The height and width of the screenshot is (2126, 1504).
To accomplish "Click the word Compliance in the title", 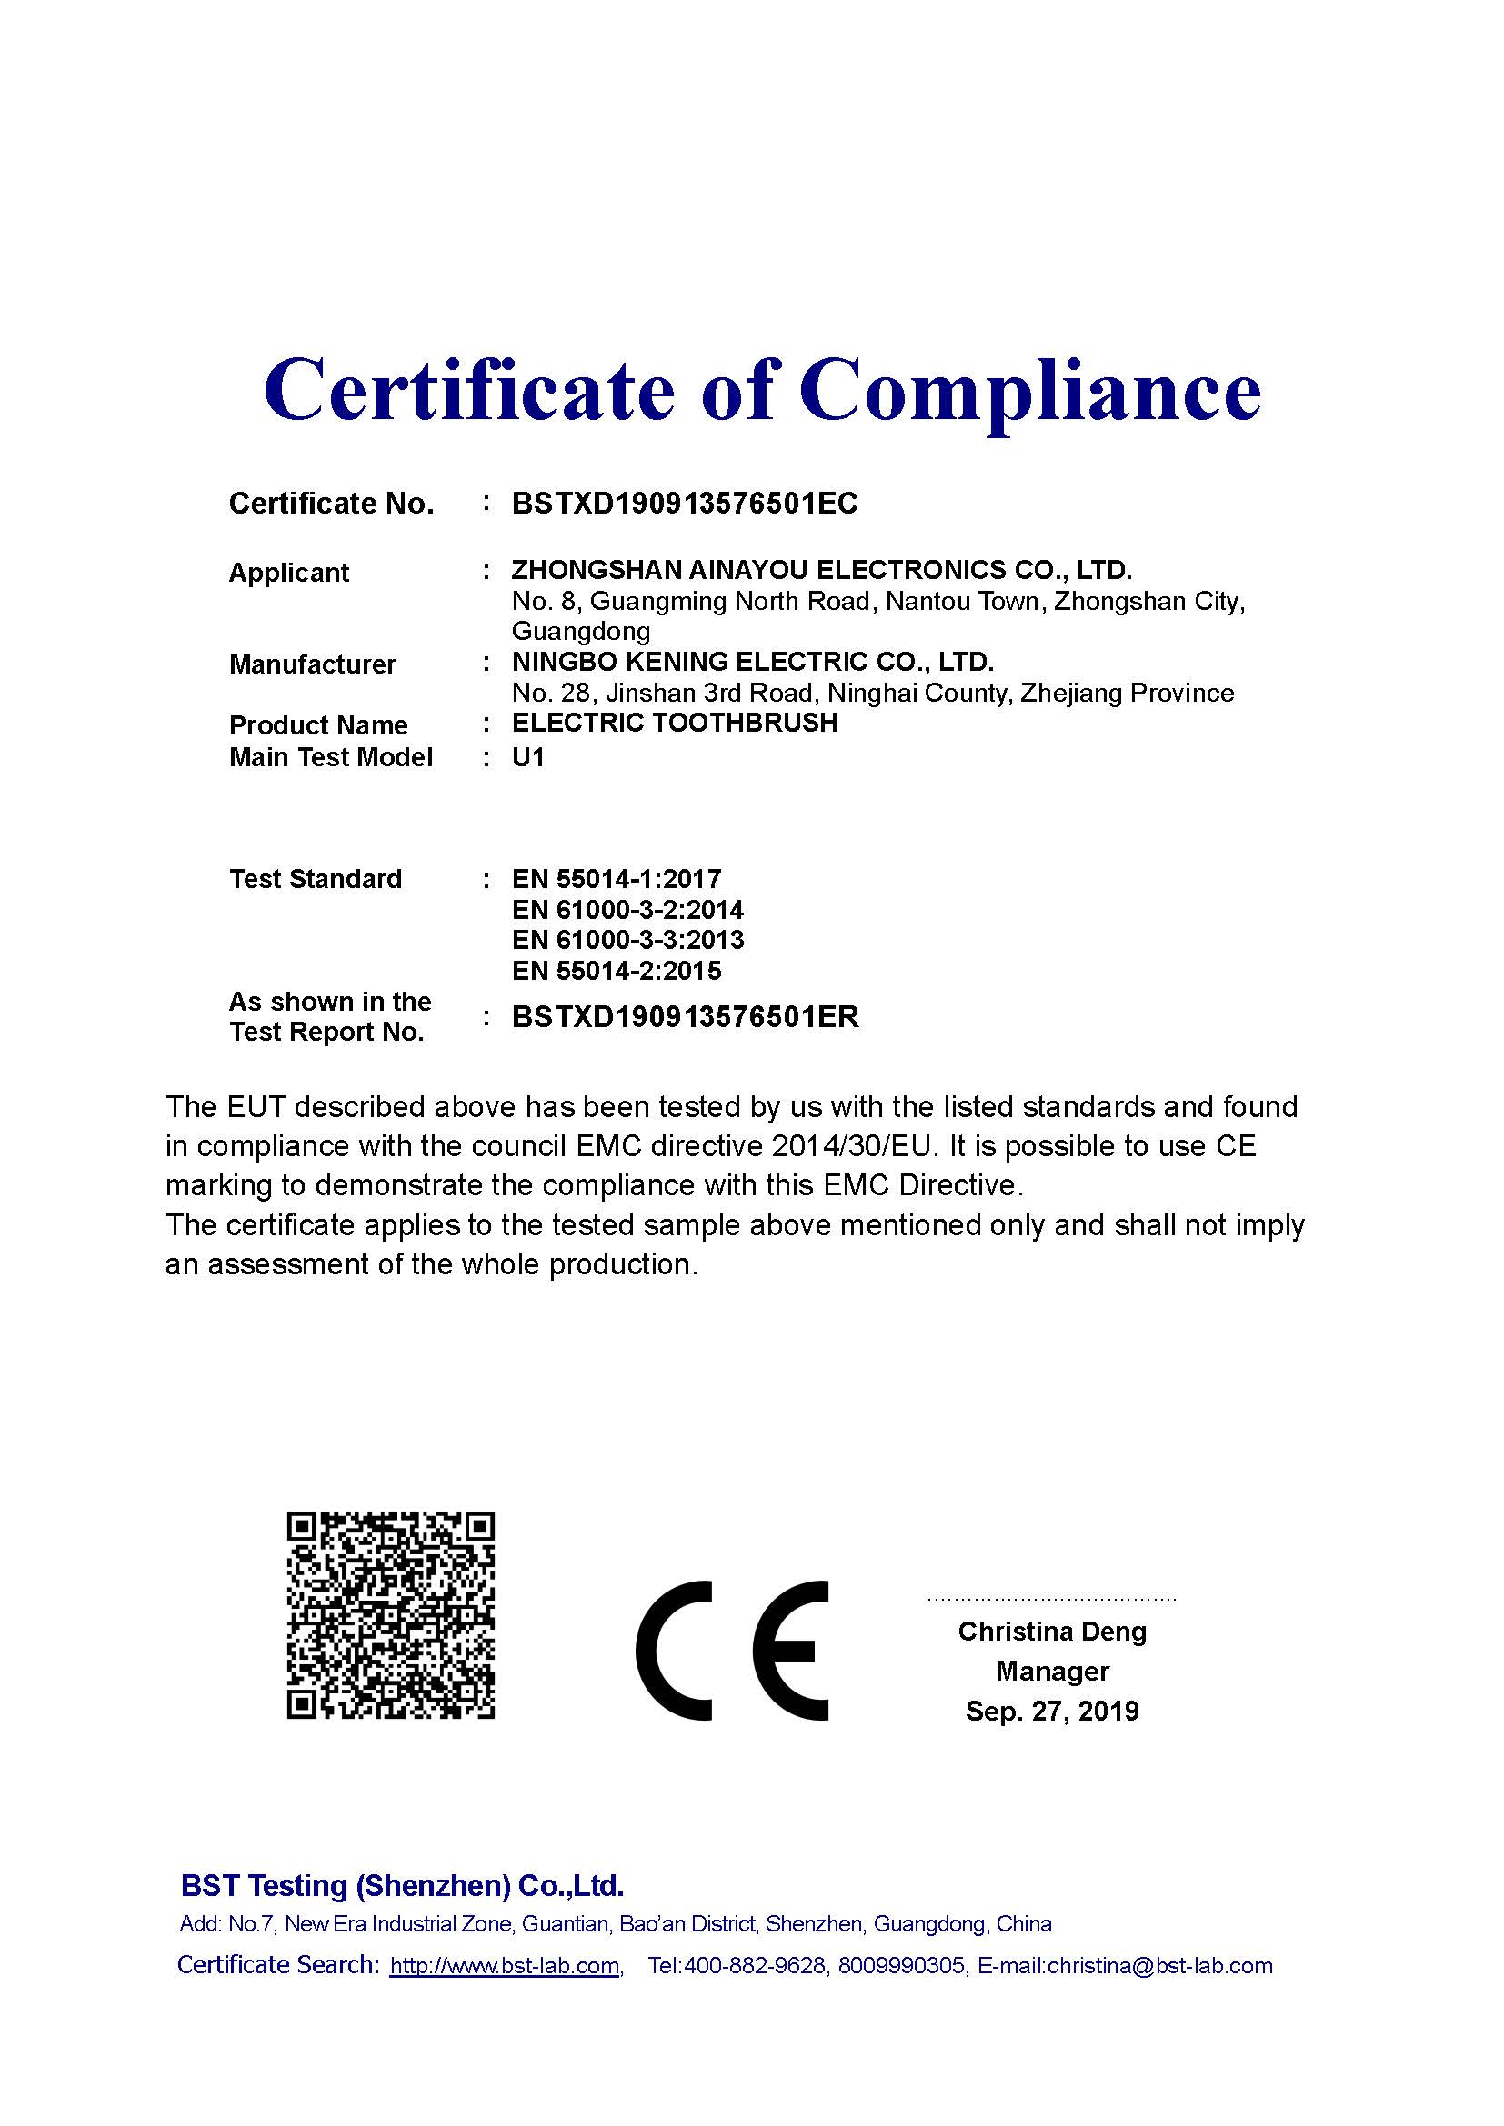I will pyautogui.click(x=1030, y=391).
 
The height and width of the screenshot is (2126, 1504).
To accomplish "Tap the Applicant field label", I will pyautogui.click(x=288, y=573).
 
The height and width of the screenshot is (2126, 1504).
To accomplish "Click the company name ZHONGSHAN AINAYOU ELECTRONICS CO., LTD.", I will pyautogui.click(x=821, y=570).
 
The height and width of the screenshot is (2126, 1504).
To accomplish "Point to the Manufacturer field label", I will pyautogui.click(x=312, y=664).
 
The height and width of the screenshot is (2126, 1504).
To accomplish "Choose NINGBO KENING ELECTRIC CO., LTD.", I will pyautogui.click(x=752, y=662).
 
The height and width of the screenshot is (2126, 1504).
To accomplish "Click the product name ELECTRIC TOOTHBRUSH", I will pyautogui.click(x=674, y=723).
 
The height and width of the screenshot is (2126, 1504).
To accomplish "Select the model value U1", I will pyautogui.click(x=528, y=757).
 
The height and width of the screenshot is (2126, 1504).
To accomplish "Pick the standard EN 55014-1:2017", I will pyautogui.click(x=616, y=878).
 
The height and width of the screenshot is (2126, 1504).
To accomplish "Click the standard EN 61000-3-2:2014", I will pyautogui.click(x=627, y=909).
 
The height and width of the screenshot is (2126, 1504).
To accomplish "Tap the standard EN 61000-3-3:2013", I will pyautogui.click(x=627, y=940).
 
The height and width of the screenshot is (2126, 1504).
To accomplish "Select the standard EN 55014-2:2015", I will pyautogui.click(x=616, y=971).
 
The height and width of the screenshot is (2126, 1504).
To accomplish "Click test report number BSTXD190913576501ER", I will pyautogui.click(x=686, y=1017).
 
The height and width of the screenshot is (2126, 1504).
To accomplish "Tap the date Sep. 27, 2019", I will pyautogui.click(x=1052, y=1711).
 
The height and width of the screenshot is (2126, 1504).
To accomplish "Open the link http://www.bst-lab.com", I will pyautogui.click(x=505, y=1966).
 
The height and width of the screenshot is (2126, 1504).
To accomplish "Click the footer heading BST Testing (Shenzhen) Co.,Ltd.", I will pyautogui.click(x=402, y=1885).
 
